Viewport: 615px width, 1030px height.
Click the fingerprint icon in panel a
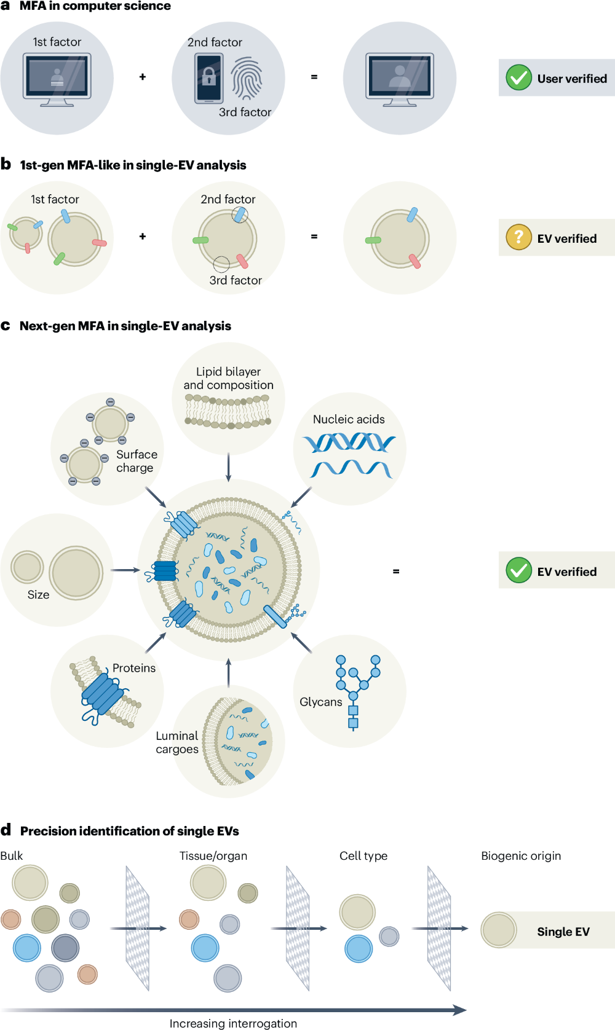[x=247, y=77]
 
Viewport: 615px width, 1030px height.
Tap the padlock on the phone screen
[x=209, y=76]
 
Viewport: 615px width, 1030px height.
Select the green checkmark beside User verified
[x=518, y=77]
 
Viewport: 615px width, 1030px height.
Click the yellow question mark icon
[x=518, y=237]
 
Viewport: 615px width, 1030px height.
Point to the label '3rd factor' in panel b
[x=236, y=280]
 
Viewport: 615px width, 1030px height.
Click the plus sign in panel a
[x=143, y=77]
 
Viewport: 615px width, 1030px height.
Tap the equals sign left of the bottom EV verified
[x=396, y=572]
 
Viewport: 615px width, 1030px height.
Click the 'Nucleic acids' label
[x=349, y=419]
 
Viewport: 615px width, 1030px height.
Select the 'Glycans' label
[x=320, y=702]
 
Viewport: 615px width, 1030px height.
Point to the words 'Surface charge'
[x=137, y=461]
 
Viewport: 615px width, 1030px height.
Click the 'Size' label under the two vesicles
[x=38, y=594]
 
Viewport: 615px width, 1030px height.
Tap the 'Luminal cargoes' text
[x=177, y=742]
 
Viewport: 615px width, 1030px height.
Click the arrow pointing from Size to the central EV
[x=125, y=570]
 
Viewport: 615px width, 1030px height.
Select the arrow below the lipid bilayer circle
[x=229, y=467]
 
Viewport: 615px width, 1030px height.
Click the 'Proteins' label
[x=134, y=667]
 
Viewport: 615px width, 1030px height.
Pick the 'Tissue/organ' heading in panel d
[x=213, y=855]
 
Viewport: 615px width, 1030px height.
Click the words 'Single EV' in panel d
[x=563, y=931]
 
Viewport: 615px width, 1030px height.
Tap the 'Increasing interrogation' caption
[x=233, y=1024]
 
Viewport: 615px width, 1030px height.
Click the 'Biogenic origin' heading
[x=521, y=855]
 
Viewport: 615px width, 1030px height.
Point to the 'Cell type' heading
[x=363, y=855]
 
